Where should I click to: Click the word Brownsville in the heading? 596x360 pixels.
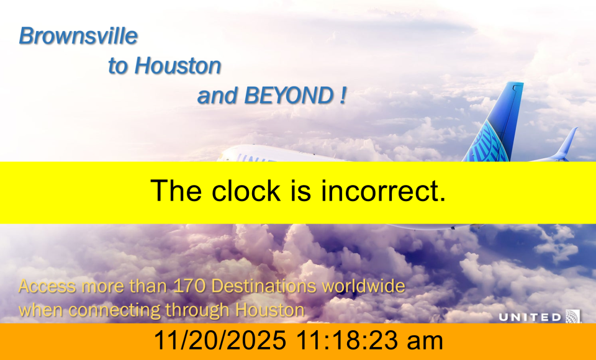pyautogui.click(x=78, y=36)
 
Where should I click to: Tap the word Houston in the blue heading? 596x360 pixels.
pyautogui.click(x=178, y=65)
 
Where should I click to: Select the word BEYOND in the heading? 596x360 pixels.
pyautogui.click(x=289, y=95)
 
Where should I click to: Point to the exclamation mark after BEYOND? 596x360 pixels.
pyautogui.click(x=343, y=95)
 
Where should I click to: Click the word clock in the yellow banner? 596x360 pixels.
pyautogui.click(x=246, y=191)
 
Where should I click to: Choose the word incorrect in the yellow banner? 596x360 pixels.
pyautogui.click(x=383, y=191)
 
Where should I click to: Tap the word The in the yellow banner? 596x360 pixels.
pyautogui.click(x=176, y=191)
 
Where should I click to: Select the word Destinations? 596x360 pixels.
pyautogui.click(x=263, y=286)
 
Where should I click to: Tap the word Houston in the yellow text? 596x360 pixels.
pyautogui.click(x=270, y=310)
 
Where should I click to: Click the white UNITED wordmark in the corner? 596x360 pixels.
pyautogui.click(x=530, y=317)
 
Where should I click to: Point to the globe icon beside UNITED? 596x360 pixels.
pyautogui.click(x=573, y=317)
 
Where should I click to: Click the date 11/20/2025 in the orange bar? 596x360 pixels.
pyautogui.click(x=220, y=340)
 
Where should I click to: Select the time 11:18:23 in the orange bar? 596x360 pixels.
pyautogui.click(x=348, y=340)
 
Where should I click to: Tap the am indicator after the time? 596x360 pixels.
pyautogui.click(x=425, y=341)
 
